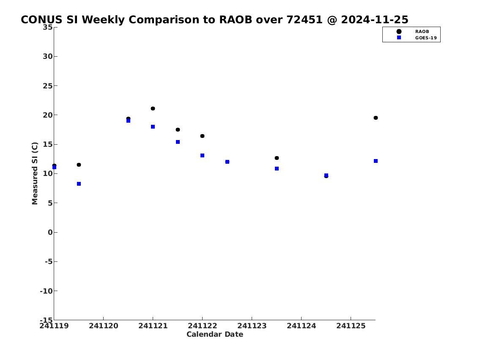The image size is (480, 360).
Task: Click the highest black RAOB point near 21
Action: [153, 108]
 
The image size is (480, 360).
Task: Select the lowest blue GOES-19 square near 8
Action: [79, 184]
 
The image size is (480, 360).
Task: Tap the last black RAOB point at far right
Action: [376, 118]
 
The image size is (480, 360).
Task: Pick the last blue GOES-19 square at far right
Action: [376, 161]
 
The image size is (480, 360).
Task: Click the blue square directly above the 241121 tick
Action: [153, 127]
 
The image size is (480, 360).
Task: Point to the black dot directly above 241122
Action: [202, 136]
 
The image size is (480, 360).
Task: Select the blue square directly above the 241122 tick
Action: [202, 156]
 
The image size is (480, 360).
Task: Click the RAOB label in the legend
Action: [422, 32]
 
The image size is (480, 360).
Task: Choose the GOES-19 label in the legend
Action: [426, 38]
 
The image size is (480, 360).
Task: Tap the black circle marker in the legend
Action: [399, 32]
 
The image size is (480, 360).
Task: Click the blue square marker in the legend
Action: [399, 37]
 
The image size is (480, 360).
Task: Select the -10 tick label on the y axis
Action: [46, 291]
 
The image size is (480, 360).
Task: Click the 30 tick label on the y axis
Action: [48, 56]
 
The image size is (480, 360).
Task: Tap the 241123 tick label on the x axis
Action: [252, 326]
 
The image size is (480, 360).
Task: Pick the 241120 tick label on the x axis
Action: [104, 326]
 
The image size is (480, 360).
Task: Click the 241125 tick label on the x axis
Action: [351, 326]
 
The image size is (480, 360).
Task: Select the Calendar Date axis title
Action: [215, 334]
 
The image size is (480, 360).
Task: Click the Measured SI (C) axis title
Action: [35, 173]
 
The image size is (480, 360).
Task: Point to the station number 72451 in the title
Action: [304, 19]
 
